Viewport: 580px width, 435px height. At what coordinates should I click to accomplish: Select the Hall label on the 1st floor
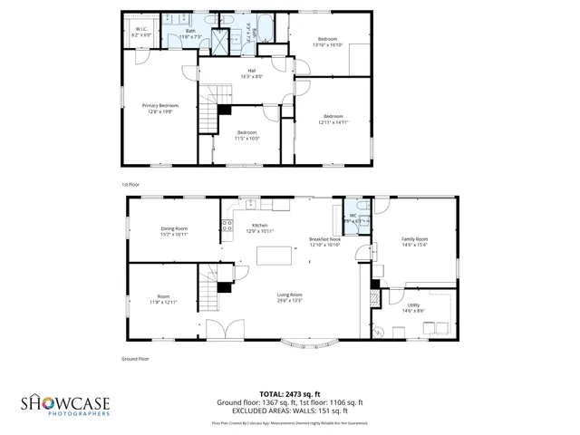(x=244, y=74)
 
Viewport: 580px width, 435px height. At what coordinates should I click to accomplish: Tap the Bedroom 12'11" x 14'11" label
(x=333, y=118)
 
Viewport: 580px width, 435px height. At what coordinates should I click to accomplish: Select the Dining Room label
(x=174, y=231)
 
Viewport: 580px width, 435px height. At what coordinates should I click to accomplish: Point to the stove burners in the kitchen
(x=228, y=225)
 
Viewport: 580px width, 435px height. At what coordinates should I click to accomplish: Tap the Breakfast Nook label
(x=324, y=242)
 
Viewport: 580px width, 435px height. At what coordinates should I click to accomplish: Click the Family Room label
(x=414, y=242)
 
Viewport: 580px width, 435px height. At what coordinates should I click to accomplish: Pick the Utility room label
(x=413, y=309)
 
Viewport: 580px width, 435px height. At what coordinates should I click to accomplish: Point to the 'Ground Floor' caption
(x=136, y=359)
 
